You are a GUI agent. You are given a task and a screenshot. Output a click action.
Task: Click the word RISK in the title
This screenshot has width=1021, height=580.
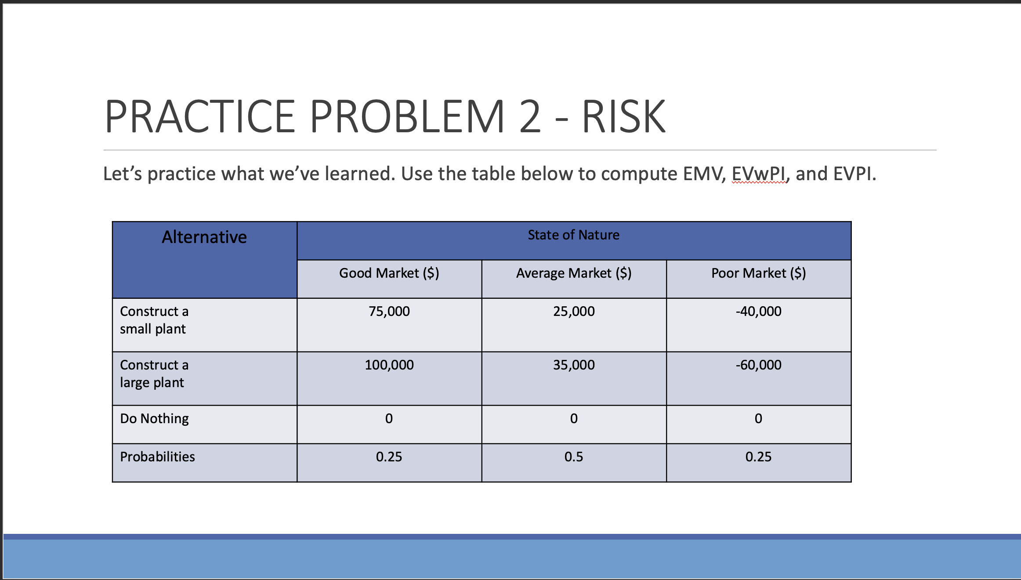pyautogui.click(x=623, y=117)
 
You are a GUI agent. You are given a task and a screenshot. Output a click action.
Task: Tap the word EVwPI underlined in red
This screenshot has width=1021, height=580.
pyautogui.click(x=759, y=174)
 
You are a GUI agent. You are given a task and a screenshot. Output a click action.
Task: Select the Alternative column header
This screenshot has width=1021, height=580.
pyautogui.click(x=204, y=237)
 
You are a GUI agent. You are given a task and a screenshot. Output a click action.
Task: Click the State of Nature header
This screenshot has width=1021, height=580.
pyautogui.click(x=573, y=235)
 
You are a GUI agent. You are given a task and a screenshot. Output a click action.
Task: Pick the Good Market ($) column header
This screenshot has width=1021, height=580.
pyautogui.click(x=389, y=273)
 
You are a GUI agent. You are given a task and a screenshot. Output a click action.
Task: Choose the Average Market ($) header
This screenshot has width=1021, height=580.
pyautogui.click(x=573, y=273)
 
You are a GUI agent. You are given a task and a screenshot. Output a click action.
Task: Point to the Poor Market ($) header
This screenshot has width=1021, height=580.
pyautogui.click(x=758, y=273)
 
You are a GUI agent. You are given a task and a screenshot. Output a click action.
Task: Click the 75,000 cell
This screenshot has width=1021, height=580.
pyautogui.click(x=389, y=312)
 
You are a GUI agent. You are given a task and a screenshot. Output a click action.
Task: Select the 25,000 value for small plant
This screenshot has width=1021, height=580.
pyautogui.click(x=573, y=312)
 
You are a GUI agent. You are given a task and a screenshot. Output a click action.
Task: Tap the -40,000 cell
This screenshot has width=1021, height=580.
pyautogui.click(x=758, y=312)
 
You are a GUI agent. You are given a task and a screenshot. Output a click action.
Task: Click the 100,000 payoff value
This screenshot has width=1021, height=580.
pyautogui.click(x=389, y=365)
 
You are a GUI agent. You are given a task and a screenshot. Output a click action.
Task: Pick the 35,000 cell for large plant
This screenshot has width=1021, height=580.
pyautogui.click(x=573, y=365)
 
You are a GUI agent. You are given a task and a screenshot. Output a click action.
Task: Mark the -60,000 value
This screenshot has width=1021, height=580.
pyautogui.click(x=758, y=365)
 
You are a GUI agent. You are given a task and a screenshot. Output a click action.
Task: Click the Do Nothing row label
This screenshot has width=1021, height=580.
pyautogui.click(x=154, y=419)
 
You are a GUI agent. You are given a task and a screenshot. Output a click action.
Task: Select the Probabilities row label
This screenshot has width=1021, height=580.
pyautogui.click(x=157, y=457)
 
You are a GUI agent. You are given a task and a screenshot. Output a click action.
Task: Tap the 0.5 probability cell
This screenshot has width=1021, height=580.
pyautogui.click(x=573, y=457)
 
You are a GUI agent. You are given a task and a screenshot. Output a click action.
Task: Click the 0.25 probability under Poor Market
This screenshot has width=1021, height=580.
pyautogui.click(x=758, y=457)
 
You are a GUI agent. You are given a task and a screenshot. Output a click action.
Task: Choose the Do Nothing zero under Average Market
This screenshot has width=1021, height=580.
pyautogui.click(x=573, y=419)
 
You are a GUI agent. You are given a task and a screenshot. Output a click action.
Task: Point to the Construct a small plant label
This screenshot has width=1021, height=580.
pyautogui.click(x=154, y=320)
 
